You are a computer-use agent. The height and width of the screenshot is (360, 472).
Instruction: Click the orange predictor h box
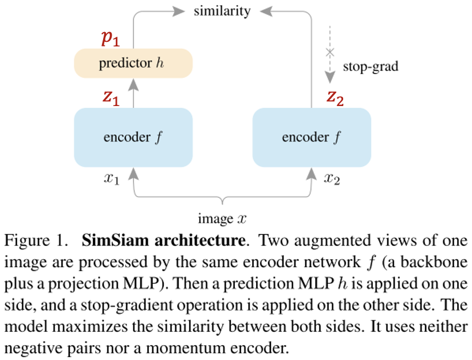coord(133,63)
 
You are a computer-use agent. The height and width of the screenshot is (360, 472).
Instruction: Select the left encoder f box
coord(133,138)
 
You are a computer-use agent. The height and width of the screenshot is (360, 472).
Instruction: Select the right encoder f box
coord(312,138)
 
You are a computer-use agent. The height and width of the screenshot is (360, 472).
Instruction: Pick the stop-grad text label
coord(370,66)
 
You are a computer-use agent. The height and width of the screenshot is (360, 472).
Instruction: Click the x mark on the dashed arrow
coord(329,52)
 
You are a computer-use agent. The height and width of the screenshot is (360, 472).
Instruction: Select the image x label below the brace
coord(222,219)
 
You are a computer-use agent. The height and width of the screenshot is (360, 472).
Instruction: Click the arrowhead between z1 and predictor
coord(133,85)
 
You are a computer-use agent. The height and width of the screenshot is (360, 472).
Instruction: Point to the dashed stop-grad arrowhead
coord(329,78)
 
